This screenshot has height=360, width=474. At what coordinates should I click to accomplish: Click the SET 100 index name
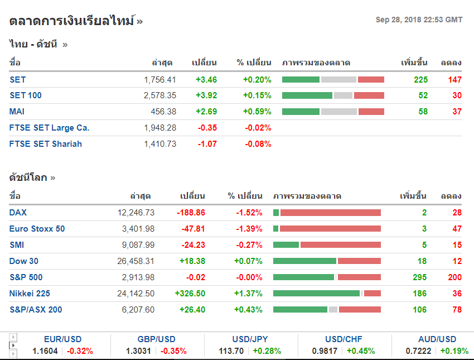pyautogui.click(x=26, y=95)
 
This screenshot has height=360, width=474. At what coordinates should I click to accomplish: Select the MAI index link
pyautogui.click(x=17, y=112)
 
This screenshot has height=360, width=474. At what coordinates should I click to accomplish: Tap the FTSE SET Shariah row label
pyautogui.click(x=46, y=144)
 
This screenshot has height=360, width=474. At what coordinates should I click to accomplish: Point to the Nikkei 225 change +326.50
pyautogui.click(x=190, y=294)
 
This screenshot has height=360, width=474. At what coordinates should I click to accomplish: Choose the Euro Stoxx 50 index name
pyautogui.click(x=37, y=229)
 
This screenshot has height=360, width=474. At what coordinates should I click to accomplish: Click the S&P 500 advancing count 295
pyautogui.click(x=420, y=277)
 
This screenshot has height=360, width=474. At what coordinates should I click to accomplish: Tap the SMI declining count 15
pyautogui.click(x=457, y=245)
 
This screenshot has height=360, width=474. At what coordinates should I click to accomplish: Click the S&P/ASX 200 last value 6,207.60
pyautogui.click(x=138, y=310)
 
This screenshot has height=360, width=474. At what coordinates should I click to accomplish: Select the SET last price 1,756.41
pyautogui.click(x=160, y=80)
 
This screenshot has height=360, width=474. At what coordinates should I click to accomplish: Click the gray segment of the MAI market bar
pyautogui.click(x=338, y=112)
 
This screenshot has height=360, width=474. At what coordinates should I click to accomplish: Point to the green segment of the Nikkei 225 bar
pyautogui.click(x=316, y=294)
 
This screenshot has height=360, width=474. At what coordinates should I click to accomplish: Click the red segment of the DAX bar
pyautogui.click(x=330, y=213)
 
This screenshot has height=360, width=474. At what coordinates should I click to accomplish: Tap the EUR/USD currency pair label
pyautogui.click(x=63, y=339)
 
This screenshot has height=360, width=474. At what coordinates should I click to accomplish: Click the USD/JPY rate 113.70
pyautogui.click(x=231, y=351)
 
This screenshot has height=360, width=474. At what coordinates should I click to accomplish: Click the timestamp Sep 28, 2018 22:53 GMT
pyautogui.click(x=419, y=20)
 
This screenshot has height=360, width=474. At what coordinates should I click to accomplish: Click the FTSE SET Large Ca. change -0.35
pyautogui.click(x=207, y=128)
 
